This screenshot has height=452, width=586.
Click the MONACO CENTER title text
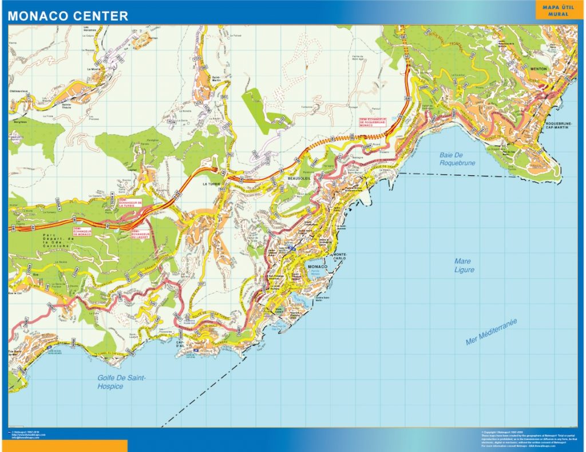tap(68, 16)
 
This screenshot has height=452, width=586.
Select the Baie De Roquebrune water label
tap(458, 159)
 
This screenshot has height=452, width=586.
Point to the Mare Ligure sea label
tap(464, 265)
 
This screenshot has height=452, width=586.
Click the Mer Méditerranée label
tap(492, 332)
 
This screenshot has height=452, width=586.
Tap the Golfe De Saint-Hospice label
tap(122, 382)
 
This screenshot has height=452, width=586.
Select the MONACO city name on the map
tap(318, 268)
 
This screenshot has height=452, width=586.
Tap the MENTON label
tap(539, 69)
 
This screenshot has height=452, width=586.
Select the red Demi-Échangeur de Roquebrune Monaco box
tap(373, 122)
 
